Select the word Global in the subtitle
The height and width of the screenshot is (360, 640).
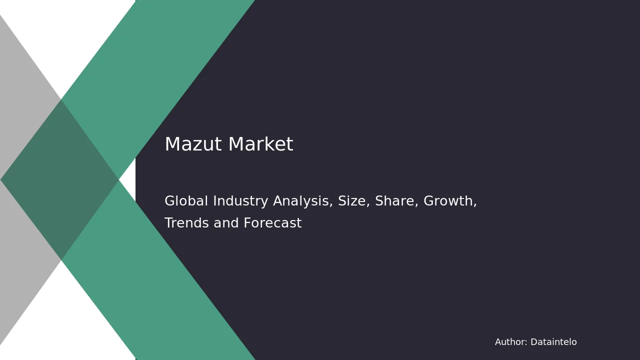[x=186, y=200]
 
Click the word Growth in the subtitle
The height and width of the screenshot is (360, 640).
[x=448, y=200]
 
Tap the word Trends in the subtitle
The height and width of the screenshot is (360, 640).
[x=186, y=223]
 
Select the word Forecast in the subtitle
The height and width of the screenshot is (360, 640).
[x=272, y=223]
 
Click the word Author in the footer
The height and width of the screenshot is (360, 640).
[x=510, y=342]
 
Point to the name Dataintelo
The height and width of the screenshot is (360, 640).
[x=553, y=342]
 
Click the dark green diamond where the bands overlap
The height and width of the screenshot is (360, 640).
[x=59, y=179]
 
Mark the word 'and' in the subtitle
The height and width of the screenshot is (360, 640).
[x=226, y=223]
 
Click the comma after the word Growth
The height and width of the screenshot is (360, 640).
[x=475, y=205]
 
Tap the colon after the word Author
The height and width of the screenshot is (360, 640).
[x=526, y=343]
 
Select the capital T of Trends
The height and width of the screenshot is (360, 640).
[x=169, y=223]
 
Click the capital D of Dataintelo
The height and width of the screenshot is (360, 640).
[x=534, y=342]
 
